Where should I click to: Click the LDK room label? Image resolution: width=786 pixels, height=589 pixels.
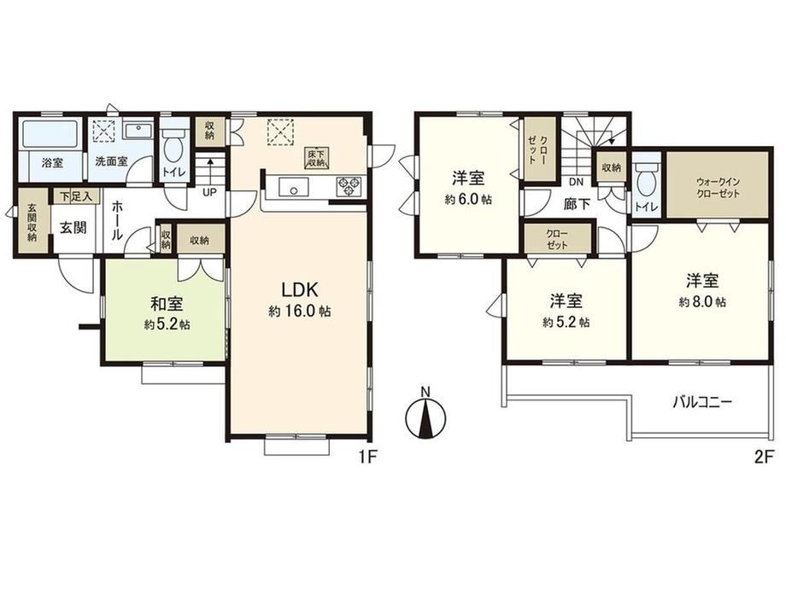300,289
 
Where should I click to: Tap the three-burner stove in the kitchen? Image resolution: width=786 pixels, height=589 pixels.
350,187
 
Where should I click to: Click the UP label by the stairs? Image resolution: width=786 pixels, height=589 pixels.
209,192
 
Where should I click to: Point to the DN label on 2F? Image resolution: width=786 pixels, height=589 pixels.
577,183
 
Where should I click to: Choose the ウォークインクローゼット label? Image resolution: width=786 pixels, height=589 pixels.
718,188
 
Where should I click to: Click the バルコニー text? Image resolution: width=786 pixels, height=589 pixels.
702,402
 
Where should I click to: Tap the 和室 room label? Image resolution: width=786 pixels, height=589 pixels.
167,304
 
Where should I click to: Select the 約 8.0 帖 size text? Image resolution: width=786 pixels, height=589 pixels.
702,302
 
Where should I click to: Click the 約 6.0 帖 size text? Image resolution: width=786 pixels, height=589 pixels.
467,200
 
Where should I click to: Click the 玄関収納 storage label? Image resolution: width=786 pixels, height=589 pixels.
32,223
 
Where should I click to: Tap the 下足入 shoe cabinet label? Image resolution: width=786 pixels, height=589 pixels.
76,196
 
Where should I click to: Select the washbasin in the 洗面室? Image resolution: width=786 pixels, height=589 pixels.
138,131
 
